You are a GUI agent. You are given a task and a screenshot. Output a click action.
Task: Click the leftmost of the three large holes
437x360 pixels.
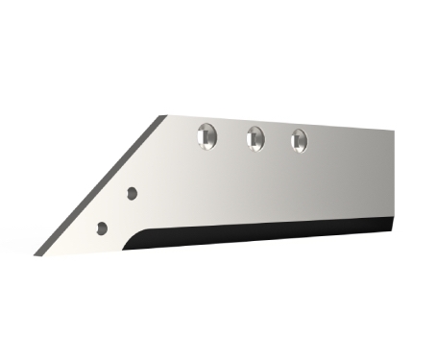[206, 136]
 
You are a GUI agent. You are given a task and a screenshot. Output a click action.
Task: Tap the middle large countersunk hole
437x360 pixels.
[255, 137]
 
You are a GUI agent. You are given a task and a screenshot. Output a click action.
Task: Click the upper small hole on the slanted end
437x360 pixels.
[132, 193]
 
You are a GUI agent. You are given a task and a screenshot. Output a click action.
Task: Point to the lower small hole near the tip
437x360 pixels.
[101, 228]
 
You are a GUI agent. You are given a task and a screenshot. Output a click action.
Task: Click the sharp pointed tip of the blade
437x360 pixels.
[36, 254]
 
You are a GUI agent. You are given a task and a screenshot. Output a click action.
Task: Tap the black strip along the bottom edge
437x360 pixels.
[269, 232]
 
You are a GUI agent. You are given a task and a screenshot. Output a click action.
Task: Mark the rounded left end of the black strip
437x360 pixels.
[134, 240]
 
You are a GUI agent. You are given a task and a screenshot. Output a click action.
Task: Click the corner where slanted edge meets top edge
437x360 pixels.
[161, 116]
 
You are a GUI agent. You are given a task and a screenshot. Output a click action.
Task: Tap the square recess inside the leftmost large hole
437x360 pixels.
[205, 139]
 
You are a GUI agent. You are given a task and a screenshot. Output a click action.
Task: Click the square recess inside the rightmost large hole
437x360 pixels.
[298, 141]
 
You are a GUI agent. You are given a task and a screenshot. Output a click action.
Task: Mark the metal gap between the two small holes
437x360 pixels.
[116, 210]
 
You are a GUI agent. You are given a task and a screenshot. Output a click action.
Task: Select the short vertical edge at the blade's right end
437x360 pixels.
[395, 178]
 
